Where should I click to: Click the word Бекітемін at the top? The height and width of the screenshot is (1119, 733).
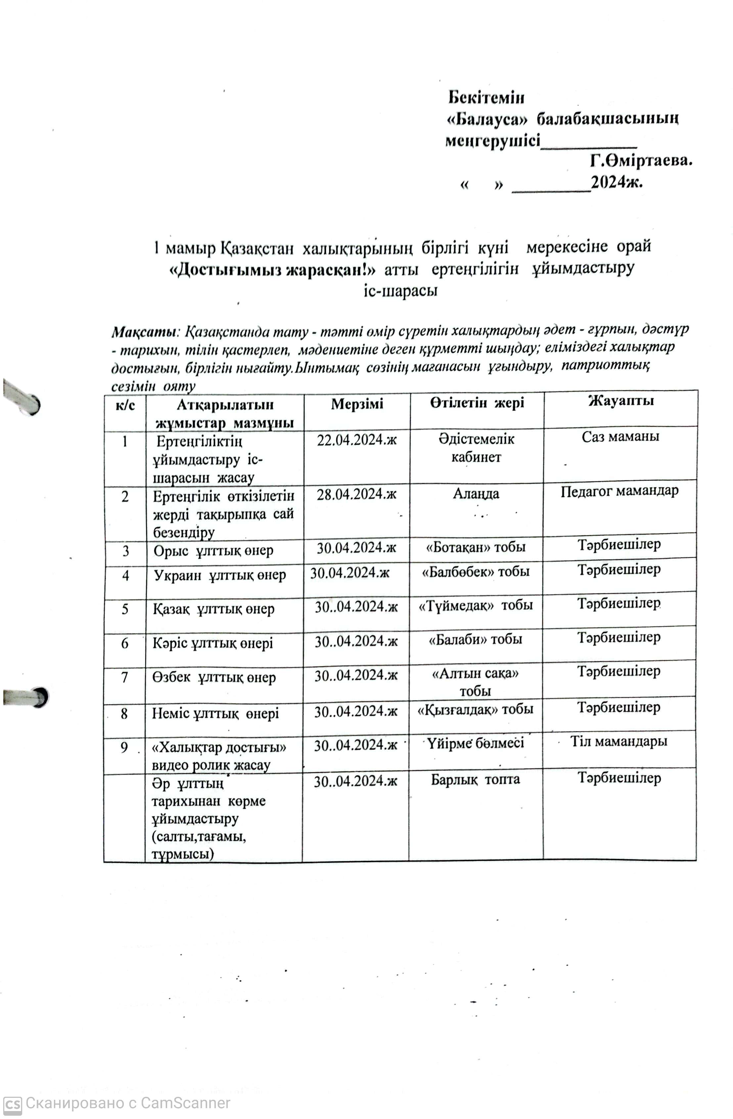pyautogui.click(x=486, y=97)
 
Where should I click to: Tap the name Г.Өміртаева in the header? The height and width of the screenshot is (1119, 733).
pyautogui.click(x=641, y=161)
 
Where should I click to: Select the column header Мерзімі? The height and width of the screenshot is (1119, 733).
pyautogui.click(x=357, y=404)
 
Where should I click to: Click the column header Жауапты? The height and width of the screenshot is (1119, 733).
pyautogui.click(x=620, y=401)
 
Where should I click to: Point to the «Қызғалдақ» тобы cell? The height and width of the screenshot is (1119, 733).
pyautogui.click(x=475, y=709)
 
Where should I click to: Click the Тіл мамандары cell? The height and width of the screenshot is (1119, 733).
pyautogui.click(x=619, y=741)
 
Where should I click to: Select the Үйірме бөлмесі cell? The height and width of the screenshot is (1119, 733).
pyautogui.click(x=475, y=743)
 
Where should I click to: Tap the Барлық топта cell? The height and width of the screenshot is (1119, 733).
pyautogui.click(x=475, y=779)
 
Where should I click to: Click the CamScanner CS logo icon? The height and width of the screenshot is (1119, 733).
pyautogui.click(x=12, y=1103)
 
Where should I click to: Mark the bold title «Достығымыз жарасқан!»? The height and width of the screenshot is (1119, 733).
pyautogui.click(x=272, y=269)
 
